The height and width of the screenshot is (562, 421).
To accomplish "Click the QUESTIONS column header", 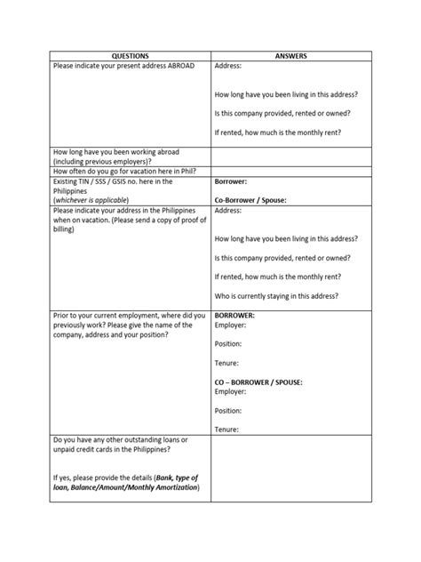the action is [x=129, y=55].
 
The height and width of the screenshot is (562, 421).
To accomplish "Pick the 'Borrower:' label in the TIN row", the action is [x=232, y=181].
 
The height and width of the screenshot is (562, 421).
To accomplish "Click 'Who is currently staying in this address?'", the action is [x=276, y=295].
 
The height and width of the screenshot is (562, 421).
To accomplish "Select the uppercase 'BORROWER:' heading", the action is [x=235, y=315].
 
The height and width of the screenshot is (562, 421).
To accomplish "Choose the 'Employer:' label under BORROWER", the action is [x=231, y=325].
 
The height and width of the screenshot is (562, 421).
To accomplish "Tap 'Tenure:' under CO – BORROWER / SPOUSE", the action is [x=227, y=430].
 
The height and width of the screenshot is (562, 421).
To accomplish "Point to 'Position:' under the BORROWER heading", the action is [x=230, y=343].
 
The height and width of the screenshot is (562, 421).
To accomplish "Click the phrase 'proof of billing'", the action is [x=178, y=220].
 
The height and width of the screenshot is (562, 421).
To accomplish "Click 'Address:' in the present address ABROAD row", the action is [x=228, y=67].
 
